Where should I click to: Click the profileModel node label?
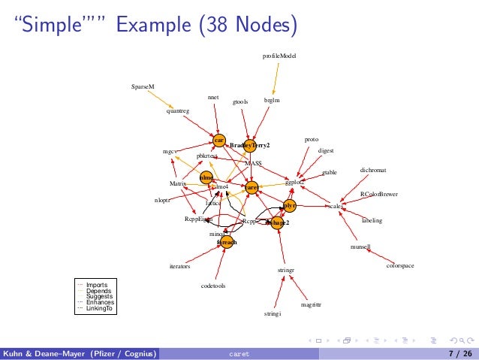click(x=279, y=56)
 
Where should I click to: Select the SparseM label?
click(x=142, y=86)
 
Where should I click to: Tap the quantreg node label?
click(x=178, y=110)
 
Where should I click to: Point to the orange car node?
click(x=218, y=140)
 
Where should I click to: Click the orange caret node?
click(x=252, y=186)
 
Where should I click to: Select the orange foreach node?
click(x=227, y=242)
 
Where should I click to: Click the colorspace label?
click(x=400, y=265)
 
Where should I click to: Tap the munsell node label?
click(x=360, y=247)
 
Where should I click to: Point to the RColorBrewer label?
click(x=379, y=194)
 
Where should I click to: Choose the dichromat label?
click(x=373, y=171)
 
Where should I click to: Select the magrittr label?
click(x=311, y=305)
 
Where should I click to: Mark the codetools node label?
click(x=214, y=286)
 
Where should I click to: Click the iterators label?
click(x=179, y=266)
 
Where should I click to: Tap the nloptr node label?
click(x=163, y=201)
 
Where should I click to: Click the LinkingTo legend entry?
click(x=101, y=308)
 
